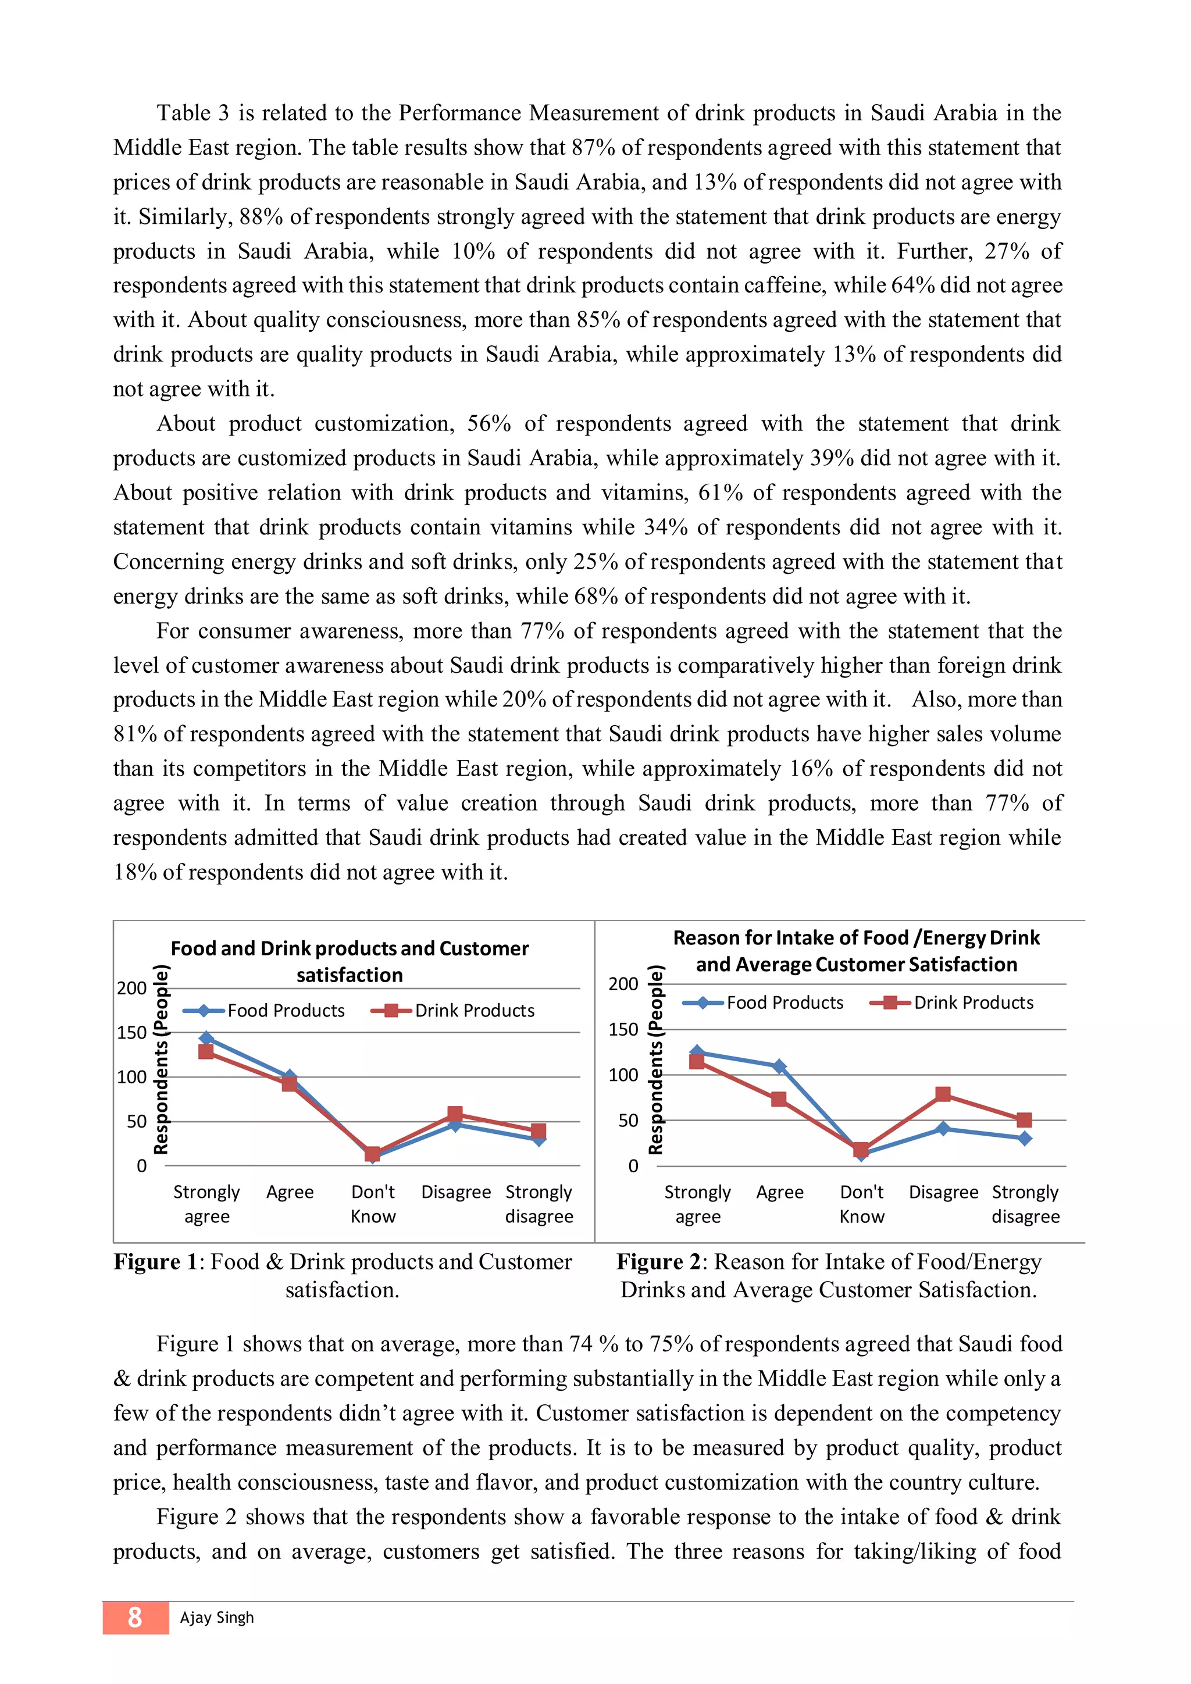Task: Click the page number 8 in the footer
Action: point(135,1617)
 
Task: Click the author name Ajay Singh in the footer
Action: point(216,1617)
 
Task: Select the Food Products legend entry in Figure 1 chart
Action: point(263,1011)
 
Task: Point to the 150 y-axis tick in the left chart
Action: point(132,1033)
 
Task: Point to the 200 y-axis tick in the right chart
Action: point(623,984)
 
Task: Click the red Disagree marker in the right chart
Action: point(943,1094)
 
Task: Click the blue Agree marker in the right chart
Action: point(780,1066)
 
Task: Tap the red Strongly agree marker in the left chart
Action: point(206,1052)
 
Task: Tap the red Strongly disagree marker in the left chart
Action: point(539,1130)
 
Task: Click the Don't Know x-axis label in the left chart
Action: point(373,1204)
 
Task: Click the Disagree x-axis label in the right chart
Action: point(943,1193)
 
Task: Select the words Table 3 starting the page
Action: point(193,113)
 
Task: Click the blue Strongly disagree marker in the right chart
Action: point(1025,1139)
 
